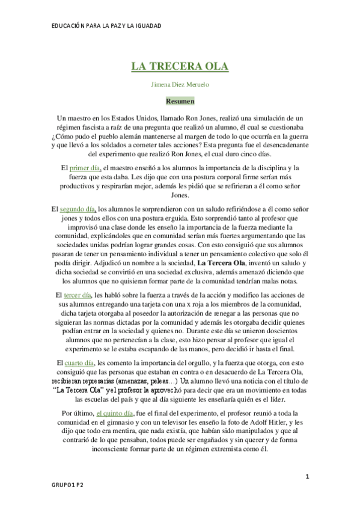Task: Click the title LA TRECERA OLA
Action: [x=180, y=66]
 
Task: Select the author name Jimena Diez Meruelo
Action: [x=180, y=85]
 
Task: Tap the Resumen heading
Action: [x=180, y=102]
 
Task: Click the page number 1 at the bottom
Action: [x=307, y=476]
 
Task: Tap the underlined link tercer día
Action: [x=77, y=295]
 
